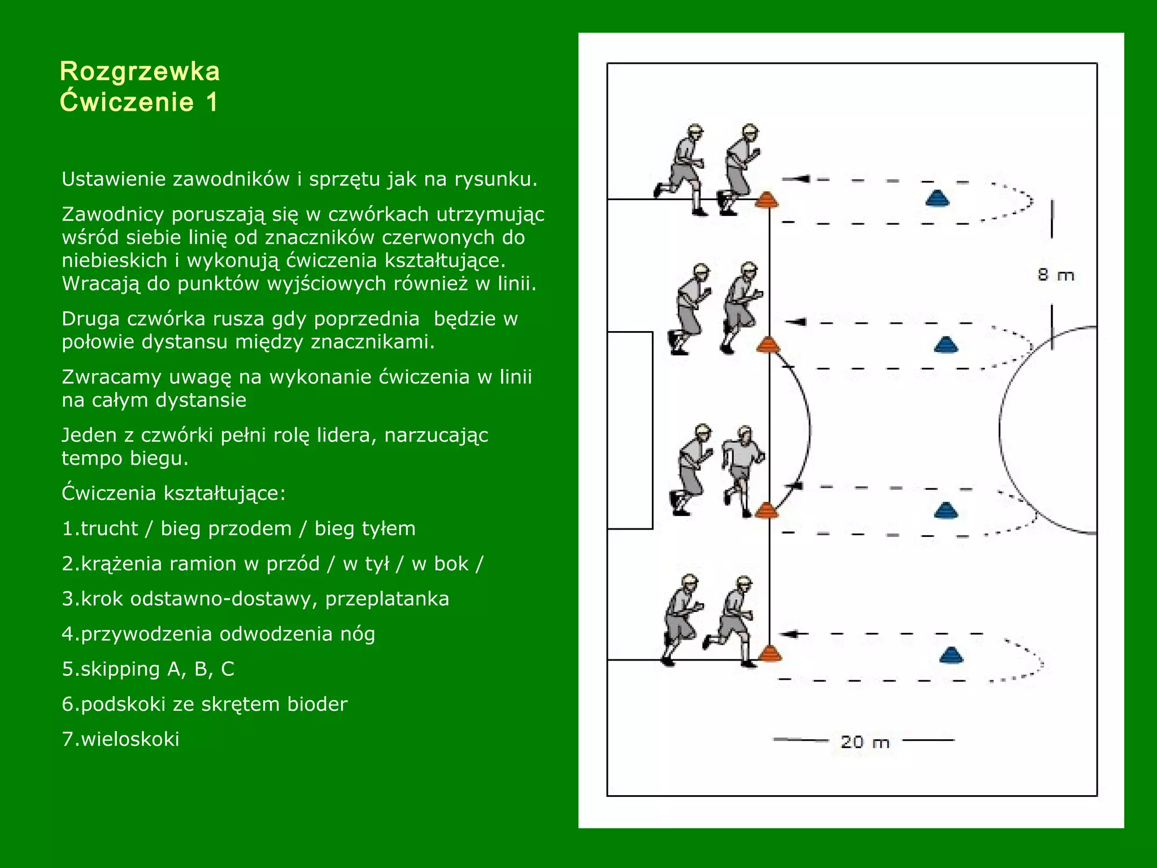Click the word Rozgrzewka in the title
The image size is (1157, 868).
pos(140,72)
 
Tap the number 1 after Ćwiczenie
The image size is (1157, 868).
pos(211,102)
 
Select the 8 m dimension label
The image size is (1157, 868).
pos(1055,275)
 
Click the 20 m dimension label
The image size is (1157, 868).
pos(864,741)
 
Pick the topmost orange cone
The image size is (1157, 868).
pos(767,199)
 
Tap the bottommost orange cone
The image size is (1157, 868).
pos(769,654)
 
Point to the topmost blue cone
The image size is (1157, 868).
pos(937,198)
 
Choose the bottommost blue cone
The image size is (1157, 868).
pos(951,655)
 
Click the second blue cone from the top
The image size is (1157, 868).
pos(946,344)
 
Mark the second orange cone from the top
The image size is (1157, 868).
pos(767,344)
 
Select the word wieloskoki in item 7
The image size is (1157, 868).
pos(131,739)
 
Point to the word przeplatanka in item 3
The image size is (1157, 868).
pos(387,599)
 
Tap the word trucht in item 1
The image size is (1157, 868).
pos(109,529)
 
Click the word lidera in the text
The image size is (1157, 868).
pos(346,435)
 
